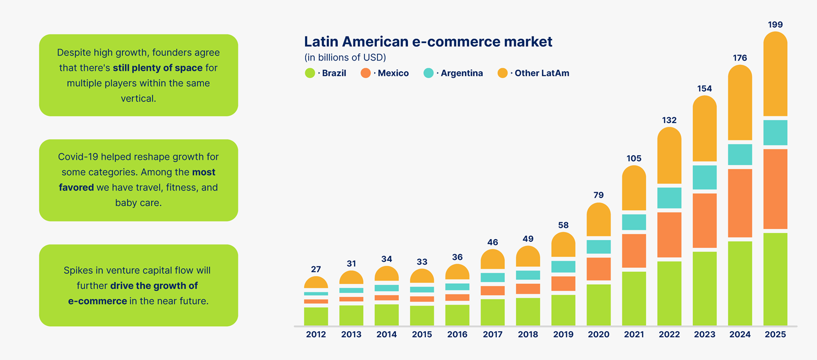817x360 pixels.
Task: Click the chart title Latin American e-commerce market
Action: coord(428,41)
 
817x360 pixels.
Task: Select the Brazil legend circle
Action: coord(310,73)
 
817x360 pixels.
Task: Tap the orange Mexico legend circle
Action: coord(366,73)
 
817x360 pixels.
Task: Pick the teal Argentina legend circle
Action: coord(429,73)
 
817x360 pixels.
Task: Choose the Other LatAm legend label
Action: coord(542,73)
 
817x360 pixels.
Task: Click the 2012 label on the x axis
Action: coord(316,334)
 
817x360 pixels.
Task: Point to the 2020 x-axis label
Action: coord(599,334)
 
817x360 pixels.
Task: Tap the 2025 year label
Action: coord(775,334)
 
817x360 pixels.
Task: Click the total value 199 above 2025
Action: coord(775,25)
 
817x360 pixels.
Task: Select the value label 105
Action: coord(634,158)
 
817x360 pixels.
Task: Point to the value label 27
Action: coord(316,269)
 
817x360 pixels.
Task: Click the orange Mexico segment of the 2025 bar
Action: coord(775,188)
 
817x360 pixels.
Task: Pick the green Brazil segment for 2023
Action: coord(705,288)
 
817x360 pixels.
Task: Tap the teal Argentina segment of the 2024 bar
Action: coord(740,155)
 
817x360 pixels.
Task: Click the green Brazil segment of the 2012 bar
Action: coord(316,316)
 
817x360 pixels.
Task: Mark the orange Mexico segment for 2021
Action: coord(634,251)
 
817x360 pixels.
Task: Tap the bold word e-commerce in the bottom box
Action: coord(97,301)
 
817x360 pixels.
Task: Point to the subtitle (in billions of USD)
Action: coord(345,57)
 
